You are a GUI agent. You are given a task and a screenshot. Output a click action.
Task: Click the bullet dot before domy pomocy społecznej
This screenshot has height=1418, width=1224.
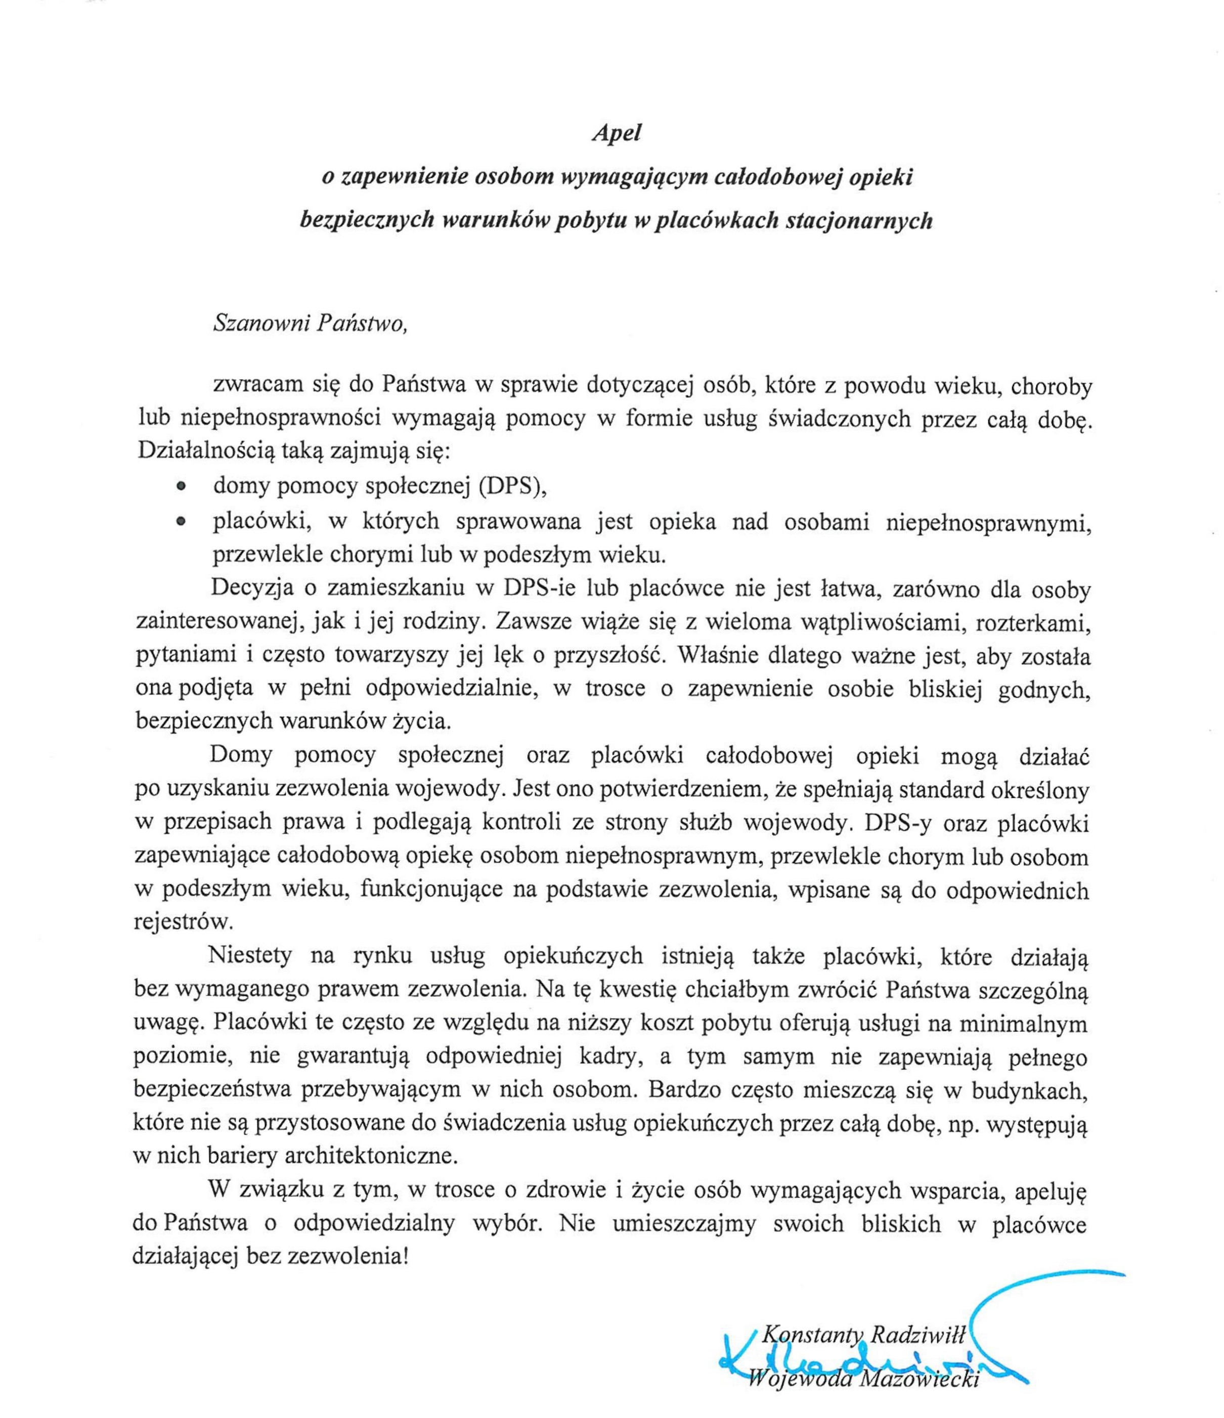[181, 485]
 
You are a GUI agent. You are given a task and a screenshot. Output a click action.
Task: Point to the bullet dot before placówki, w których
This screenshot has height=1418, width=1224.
[181, 522]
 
